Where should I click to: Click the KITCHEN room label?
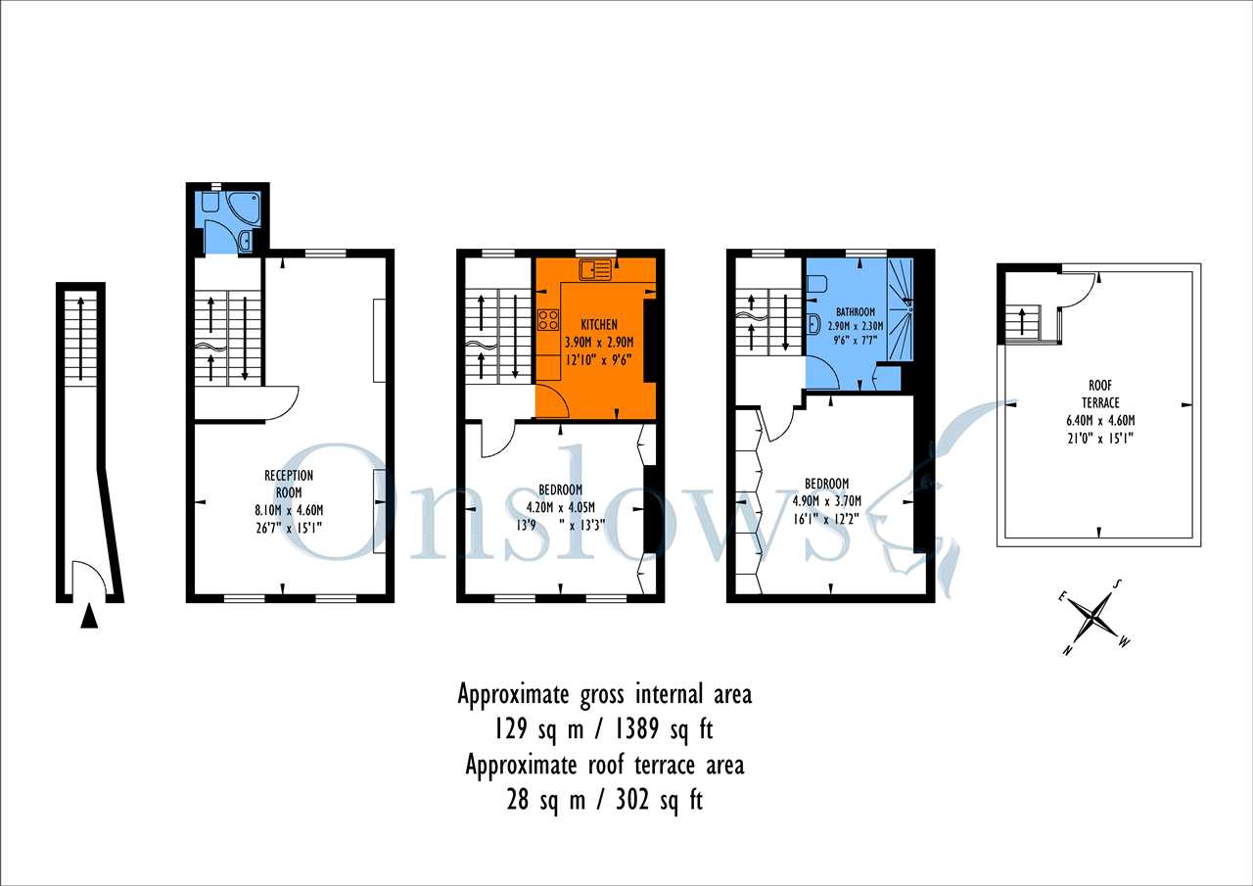(599, 324)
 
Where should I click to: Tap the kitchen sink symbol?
(595, 270)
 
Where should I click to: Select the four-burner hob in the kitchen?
(548, 319)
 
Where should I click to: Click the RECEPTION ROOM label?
(289, 484)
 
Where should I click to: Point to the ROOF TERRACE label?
(1100, 394)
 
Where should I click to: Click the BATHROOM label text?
(856, 311)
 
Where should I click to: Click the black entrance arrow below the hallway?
(89, 618)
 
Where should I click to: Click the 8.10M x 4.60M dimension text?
(289, 510)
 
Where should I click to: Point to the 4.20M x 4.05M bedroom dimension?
(561, 507)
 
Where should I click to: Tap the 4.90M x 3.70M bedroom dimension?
(827, 500)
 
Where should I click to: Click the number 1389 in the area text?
(637, 729)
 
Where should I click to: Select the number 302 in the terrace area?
(632, 799)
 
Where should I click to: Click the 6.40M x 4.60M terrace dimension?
(1100, 421)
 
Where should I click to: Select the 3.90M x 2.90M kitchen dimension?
(599, 342)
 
